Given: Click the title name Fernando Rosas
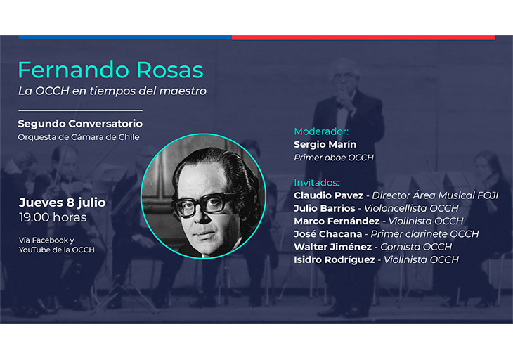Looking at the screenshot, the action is (x=110, y=70).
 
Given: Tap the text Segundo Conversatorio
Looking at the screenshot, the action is (x=80, y=124).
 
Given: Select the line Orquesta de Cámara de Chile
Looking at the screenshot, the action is (x=79, y=137).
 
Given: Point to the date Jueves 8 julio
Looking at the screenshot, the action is (x=62, y=202).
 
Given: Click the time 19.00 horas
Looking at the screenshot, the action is (x=53, y=217).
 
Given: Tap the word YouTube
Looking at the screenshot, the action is (x=34, y=250).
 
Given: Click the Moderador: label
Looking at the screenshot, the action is (x=321, y=131).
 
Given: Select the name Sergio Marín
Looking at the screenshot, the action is (x=325, y=144).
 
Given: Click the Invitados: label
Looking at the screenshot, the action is (x=316, y=183).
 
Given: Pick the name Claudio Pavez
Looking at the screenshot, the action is (x=328, y=195).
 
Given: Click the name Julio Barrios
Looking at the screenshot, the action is (x=325, y=208).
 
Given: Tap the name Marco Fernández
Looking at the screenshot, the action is (x=337, y=221).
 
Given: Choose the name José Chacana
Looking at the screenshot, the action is (x=327, y=234).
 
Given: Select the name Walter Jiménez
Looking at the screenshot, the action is (x=332, y=247).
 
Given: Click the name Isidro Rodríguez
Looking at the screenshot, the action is (x=335, y=260).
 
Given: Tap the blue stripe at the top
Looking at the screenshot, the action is (x=125, y=38).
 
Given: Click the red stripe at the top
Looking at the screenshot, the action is (x=363, y=38).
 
